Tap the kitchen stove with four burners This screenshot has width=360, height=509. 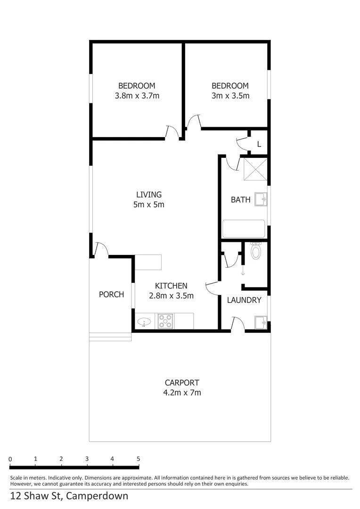165,321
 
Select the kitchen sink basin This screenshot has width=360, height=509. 144,322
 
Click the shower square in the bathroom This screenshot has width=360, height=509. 255,170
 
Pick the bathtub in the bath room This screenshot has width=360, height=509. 244,229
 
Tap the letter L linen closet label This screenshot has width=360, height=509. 259,144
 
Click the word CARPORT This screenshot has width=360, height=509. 182,383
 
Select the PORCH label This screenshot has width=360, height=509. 111,295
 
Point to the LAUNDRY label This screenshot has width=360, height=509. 244,300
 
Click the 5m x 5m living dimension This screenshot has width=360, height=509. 149,205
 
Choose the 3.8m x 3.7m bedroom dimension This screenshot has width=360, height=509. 137,96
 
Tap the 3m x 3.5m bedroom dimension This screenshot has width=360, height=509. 230,96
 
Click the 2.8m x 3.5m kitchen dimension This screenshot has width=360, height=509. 172,296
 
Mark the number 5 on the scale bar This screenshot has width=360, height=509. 138,459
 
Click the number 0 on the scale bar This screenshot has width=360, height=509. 10,459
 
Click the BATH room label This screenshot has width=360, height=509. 240,200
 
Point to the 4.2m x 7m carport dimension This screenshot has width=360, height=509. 182,393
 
